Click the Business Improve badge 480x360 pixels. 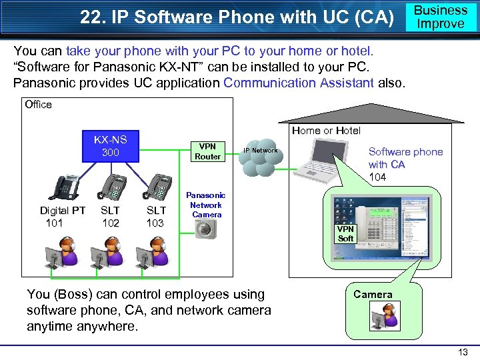coord(441,17)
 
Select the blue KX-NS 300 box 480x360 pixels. coord(110,146)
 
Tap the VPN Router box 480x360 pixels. coord(207,151)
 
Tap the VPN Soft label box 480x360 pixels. coord(345,234)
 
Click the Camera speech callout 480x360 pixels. coord(373,294)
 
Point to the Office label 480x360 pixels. coord(38,104)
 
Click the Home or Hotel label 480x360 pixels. coord(326,131)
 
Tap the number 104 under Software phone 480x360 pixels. coord(377,177)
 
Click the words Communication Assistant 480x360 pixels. coord(308,83)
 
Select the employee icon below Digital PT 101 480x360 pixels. coord(63,253)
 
